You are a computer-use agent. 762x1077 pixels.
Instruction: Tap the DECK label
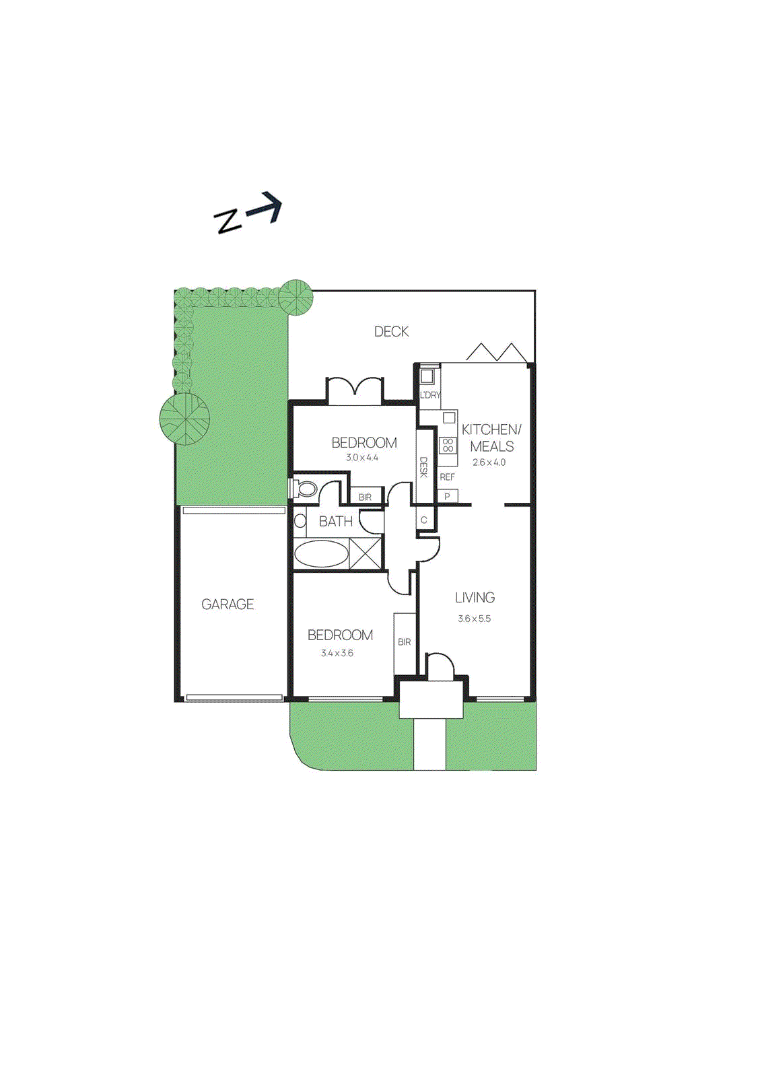[x=391, y=331]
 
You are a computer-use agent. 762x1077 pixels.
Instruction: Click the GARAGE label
[x=228, y=604]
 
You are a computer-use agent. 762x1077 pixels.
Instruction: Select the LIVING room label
[x=475, y=598]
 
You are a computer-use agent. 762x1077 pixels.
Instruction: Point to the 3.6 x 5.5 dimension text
[x=474, y=619]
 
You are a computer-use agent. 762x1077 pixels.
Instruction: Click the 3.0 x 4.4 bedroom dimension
[x=362, y=458]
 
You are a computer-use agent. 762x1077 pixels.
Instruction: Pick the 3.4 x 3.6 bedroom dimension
[x=337, y=653]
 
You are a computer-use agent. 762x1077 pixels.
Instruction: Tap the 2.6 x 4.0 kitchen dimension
[x=489, y=462]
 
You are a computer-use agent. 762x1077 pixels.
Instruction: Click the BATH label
[x=335, y=522]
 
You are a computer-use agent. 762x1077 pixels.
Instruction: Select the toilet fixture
[x=305, y=488]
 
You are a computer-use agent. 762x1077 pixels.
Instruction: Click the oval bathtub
[x=321, y=555]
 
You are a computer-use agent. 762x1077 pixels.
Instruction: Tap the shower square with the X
[x=366, y=554]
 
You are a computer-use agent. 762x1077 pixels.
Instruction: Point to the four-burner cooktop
[x=448, y=445]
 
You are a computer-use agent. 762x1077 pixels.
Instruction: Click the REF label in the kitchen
[x=447, y=477]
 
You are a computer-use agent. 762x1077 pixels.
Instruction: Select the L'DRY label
[x=429, y=395]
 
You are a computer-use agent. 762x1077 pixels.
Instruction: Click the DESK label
[x=424, y=467]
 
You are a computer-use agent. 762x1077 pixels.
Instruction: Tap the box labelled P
[x=447, y=497]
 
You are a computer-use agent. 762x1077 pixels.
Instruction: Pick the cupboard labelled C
[x=424, y=520]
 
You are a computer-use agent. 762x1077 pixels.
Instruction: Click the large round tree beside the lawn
[x=184, y=418]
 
